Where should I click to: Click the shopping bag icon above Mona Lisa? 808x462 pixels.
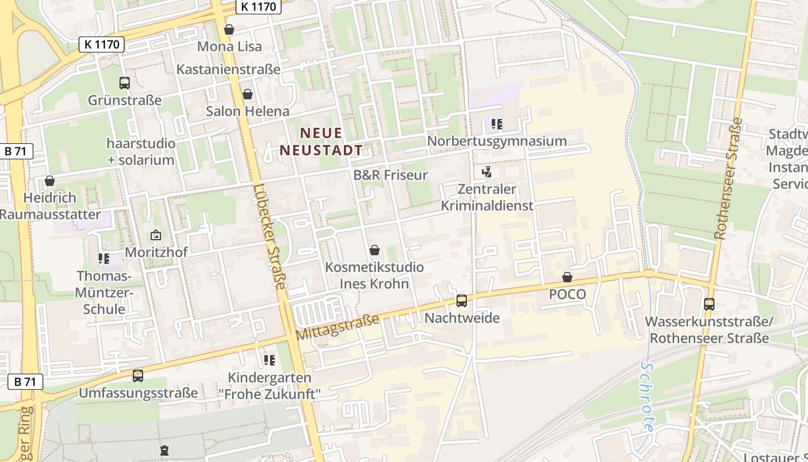coord(229,29)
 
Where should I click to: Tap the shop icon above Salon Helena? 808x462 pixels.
coord(248,94)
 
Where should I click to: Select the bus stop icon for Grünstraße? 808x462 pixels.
coord(125,83)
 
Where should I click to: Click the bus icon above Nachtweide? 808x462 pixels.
coord(462,300)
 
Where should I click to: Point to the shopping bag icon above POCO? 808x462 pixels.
coord(567,277)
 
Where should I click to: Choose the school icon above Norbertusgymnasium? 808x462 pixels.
coord(496,124)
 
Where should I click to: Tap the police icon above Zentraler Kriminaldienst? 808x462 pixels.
coord(487,172)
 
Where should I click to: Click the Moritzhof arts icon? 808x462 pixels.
coord(155,235)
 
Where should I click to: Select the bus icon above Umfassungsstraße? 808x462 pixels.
coord(138,376)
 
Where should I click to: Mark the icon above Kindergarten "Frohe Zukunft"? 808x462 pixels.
coord(269,360)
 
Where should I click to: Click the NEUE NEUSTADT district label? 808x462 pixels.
coord(321,142)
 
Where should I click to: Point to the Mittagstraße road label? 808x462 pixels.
coord(338,327)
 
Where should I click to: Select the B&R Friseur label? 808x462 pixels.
coord(391,175)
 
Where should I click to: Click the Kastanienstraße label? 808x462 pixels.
coord(229,69)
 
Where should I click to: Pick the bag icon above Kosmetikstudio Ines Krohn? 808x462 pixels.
coord(375,250)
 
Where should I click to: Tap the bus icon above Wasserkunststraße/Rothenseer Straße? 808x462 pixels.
coord(709,304)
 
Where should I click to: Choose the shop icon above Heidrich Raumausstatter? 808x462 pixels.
coord(50,181)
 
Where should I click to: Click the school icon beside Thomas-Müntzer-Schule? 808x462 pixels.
coord(104,259)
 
